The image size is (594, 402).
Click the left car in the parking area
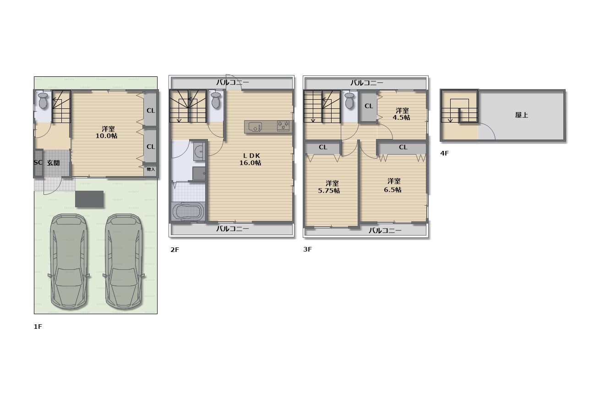69,262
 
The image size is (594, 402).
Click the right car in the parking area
124,262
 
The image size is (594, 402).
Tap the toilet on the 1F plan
43,100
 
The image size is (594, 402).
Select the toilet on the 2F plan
216,100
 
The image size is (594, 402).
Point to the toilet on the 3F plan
349,101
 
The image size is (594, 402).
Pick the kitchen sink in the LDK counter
255,128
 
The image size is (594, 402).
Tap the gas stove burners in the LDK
283,126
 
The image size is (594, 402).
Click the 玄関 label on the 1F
53,163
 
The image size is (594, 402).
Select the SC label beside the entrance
38,162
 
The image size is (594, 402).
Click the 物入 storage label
151,169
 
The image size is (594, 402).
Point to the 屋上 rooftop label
521,115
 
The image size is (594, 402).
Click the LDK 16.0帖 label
251,159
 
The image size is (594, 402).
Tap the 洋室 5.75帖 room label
329,187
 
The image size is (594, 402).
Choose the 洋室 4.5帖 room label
402,114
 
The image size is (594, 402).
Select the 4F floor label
444,153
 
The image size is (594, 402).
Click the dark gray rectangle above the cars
89,199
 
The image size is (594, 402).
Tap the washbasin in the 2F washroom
199,152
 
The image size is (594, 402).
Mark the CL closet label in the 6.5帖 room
403,147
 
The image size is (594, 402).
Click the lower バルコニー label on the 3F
385,230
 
